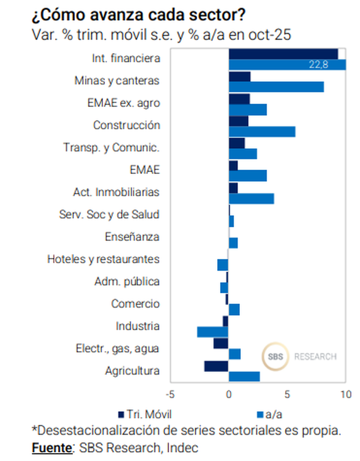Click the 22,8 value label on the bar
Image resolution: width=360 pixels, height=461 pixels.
click(x=319, y=65)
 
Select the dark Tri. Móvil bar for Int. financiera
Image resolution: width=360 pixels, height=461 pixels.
click(x=283, y=54)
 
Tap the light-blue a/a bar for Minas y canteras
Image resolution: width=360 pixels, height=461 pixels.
click(x=276, y=87)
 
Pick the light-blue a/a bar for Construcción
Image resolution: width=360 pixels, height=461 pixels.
click(x=262, y=131)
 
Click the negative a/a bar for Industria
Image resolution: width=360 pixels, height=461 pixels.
click(x=213, y=332)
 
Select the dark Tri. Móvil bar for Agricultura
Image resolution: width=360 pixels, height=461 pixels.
click(x=216, y=366)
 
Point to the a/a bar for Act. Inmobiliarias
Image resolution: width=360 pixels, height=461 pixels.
click(x=251, y=198)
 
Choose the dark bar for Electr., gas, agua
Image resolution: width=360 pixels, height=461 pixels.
click(x=221, y=343)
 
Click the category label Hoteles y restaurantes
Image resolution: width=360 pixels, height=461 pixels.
click(x=103, y=259)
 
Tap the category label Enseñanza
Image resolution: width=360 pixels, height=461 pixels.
click(x=132, y=237)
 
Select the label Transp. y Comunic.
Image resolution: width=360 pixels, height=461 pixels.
click(x=111, y=147)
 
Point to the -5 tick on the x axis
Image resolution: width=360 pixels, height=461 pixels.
click(x=170, y=394)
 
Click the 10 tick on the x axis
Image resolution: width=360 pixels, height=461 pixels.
click(x=345, y=394)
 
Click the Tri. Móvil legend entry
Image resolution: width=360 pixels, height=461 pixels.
click(x=144, y=414)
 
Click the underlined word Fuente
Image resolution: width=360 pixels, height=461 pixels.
click(x=52, y=448)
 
